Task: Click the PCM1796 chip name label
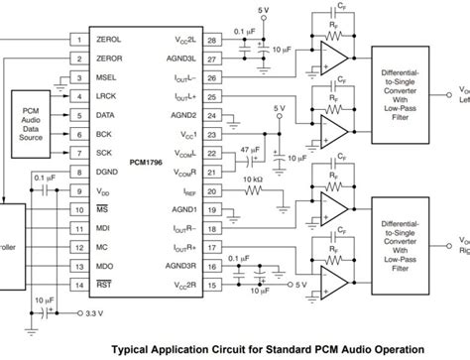pos(147,157)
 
